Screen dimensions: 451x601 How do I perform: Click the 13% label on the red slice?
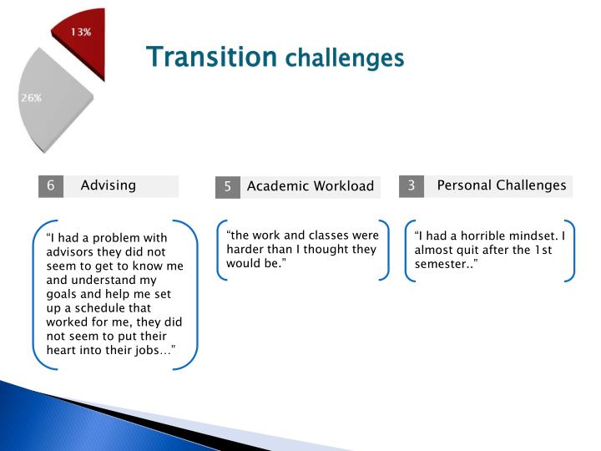80,32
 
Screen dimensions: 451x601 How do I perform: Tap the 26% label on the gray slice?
31,98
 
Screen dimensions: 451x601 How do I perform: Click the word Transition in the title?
211,57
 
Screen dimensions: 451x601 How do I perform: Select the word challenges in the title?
344,58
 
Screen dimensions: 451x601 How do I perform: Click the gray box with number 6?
51,185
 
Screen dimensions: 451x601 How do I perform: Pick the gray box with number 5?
227,186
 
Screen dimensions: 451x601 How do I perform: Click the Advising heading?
108,185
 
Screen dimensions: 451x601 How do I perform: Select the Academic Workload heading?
310,186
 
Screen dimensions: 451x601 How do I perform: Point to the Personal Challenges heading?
502,185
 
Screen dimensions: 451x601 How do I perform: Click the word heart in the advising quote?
63,350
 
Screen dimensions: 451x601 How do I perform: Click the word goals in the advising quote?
63,293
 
